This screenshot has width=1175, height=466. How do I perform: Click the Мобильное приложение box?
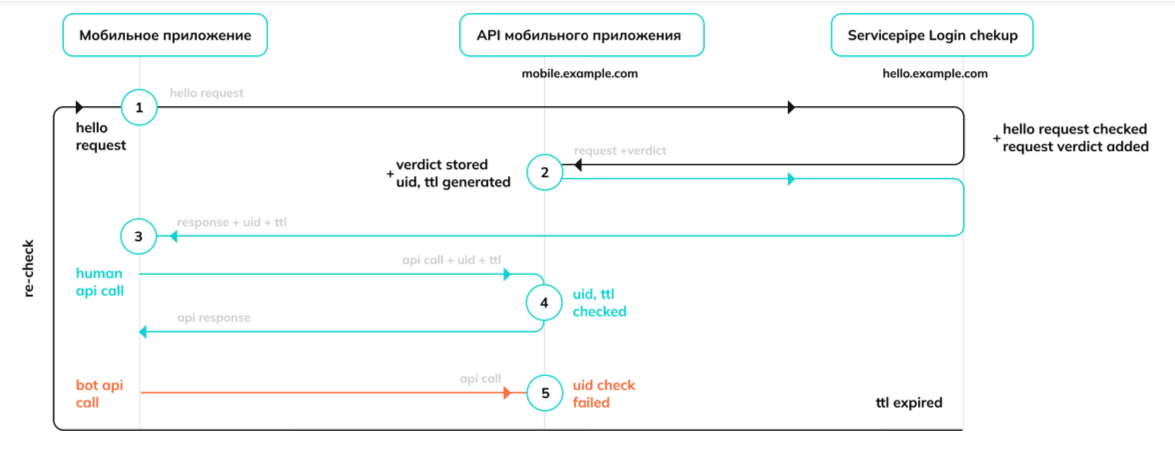click(165, 35)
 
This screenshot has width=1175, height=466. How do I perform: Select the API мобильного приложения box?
click(582, 35)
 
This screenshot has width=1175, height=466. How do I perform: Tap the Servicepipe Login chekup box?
click(932, 35)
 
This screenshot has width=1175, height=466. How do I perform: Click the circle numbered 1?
click(139, 107)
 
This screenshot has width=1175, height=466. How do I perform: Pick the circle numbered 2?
click(545, 172)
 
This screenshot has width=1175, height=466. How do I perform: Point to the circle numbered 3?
click(138, 236)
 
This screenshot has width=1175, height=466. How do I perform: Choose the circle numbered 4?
click(544, 303)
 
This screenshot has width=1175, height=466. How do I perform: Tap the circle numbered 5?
click(545, 393)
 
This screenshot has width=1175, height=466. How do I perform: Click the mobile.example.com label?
click(580, 74)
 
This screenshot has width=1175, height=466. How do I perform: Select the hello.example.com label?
click(935, 74)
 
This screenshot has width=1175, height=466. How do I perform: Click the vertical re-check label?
click(28, 268)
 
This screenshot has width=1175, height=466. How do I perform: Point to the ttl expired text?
click(909, 403)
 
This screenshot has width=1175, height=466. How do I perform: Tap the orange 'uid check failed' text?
click(603, 394)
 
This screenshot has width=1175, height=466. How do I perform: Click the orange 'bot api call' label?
click(99, 394)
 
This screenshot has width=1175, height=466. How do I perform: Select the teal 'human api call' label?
click(99, 282)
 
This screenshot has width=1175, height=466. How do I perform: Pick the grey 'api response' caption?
click(214, 318)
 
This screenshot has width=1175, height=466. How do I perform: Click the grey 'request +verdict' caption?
click(620, 151)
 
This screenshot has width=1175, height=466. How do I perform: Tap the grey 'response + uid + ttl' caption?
click(232, 222)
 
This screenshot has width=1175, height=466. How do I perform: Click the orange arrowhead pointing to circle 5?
click(507, 393)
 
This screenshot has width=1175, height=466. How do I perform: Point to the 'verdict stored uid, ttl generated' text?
click(449, 173)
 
